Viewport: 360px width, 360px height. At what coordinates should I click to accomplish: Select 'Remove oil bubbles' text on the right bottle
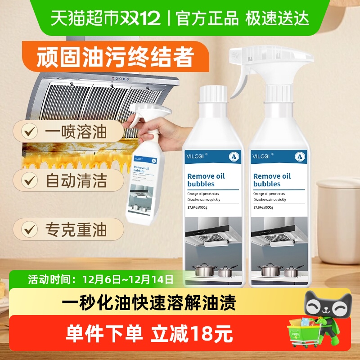[x=273, y=180]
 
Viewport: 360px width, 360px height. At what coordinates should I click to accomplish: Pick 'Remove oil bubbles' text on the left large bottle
[x=206, y=180]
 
